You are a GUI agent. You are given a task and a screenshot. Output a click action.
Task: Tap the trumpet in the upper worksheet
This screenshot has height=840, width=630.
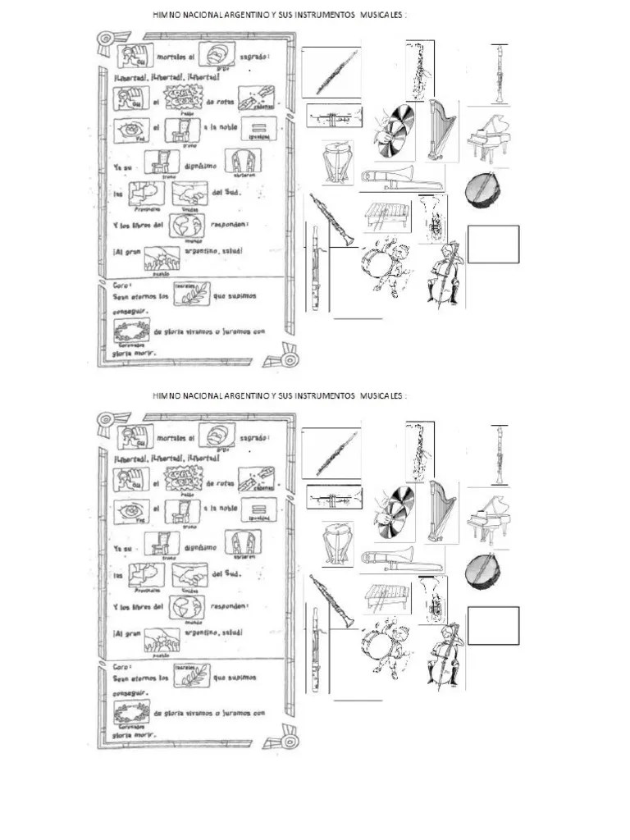(334, 116)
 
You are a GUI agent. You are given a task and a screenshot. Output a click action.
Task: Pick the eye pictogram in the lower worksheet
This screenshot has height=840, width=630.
(130, 513)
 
